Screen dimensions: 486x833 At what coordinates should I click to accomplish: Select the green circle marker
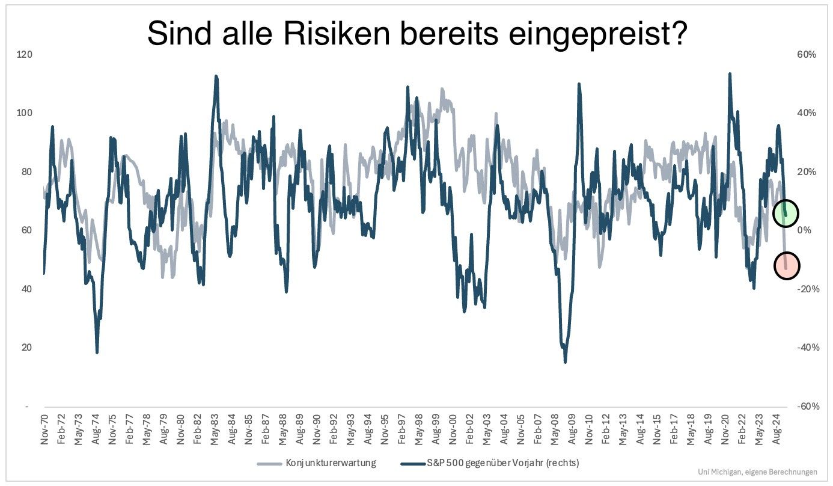pyautogui.click(x=786, y=212)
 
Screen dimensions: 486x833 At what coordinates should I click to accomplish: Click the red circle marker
pyautogui.click(x=786, y=265)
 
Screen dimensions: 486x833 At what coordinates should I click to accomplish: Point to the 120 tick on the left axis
pyautogui.click(x=25, y=55)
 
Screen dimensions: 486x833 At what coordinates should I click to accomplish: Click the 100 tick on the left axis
pyautogui.click(x=25, y=113)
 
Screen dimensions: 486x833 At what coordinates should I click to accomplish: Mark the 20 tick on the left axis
pyautogui.click(x=26, y=348)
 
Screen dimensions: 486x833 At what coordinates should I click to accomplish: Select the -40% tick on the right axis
pyautogui.click(x=805, y=348)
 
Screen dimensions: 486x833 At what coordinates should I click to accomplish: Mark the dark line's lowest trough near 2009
pyautogui.click(x=565, y=362)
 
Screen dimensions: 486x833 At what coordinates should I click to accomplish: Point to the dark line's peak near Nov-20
pyautogui.click(x=730, y=74)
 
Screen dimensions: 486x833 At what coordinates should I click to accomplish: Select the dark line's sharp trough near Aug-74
pyautogui.click(x=97, y=352)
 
